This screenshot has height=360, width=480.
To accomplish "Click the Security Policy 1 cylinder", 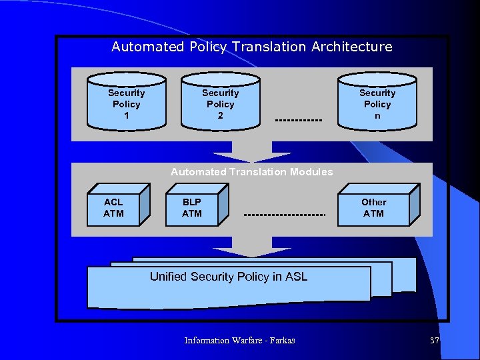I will tap(126, 103).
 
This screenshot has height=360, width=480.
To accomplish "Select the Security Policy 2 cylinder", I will tap(220, 103).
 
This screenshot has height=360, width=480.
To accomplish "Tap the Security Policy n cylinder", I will tap(377, 103).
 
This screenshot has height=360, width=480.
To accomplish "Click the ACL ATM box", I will tap(113, 208).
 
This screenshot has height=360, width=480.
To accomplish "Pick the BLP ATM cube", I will tap(193, 208).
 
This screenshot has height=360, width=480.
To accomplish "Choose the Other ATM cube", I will tap(375, 208).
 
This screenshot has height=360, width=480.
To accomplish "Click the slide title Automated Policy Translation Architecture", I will tap(251, 47).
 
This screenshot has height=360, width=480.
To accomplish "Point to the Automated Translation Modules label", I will tap(251, 172).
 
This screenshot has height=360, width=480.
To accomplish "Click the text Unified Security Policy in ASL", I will tap(229, 277).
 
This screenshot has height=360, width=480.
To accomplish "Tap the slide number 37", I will tap(435, 341).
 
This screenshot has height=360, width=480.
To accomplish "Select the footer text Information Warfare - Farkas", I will tap(239, 341).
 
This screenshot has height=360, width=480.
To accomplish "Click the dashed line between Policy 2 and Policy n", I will tap(298, 121).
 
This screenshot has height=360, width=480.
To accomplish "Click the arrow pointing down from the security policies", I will tap(251, 152).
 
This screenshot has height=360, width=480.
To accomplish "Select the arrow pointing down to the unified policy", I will tap(251, 247).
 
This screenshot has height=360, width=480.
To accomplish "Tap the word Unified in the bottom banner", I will tap(169, 277).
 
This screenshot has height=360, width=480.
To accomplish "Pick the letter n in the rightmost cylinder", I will tap(377, 115).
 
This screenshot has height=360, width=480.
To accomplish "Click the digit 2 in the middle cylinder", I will tap(220, 115).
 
